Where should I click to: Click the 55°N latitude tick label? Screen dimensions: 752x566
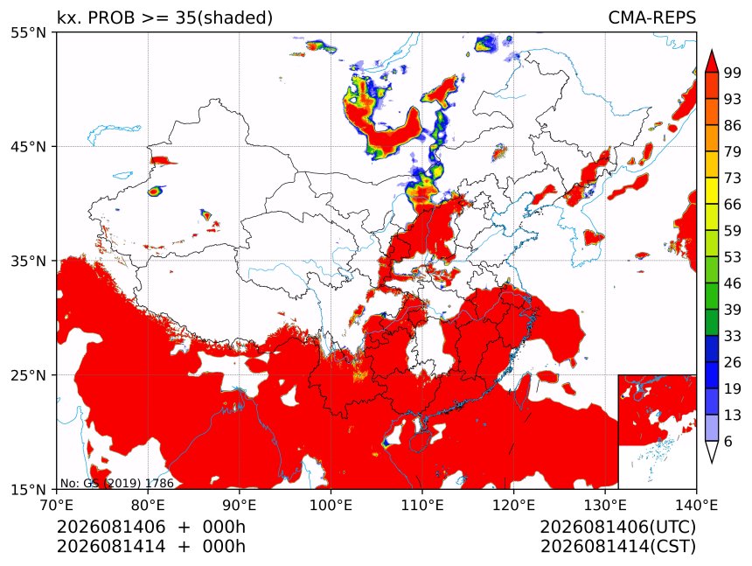click(28, 32)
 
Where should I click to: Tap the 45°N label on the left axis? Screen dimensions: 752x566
click(28, 146)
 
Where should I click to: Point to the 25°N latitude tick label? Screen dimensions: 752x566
click(28, 374)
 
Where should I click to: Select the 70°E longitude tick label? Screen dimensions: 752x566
click(57, 505)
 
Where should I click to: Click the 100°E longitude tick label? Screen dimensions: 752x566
click(331, 505)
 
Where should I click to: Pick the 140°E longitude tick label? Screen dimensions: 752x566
click(696, 505)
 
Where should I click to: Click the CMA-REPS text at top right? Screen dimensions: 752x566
click(651, 17)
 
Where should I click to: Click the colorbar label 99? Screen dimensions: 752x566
click(733, 73)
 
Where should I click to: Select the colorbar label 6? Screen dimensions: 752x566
click(728, 441)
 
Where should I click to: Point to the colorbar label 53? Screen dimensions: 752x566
click(733, 257)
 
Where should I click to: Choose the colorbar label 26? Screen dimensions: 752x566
click(733, 362)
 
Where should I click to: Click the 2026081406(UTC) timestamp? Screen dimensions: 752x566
click(617, 527)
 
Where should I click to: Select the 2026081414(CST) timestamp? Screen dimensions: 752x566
click(617, 547)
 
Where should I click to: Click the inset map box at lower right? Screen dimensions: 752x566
click(657, 431)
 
